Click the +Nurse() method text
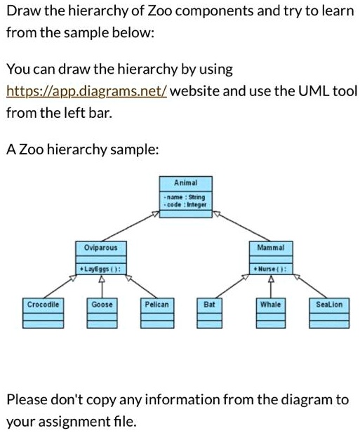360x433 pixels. pyautogui.click(x=270, y=268)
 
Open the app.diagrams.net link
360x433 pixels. pyautogui.click(x=86, y=91)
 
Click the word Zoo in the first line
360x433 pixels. pyautogui.click(x=157, y=13)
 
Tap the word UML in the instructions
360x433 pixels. pyautogui.click(x=318, y=91)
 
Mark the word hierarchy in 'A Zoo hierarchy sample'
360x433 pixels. pyautogui.click(x=75, y=149)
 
